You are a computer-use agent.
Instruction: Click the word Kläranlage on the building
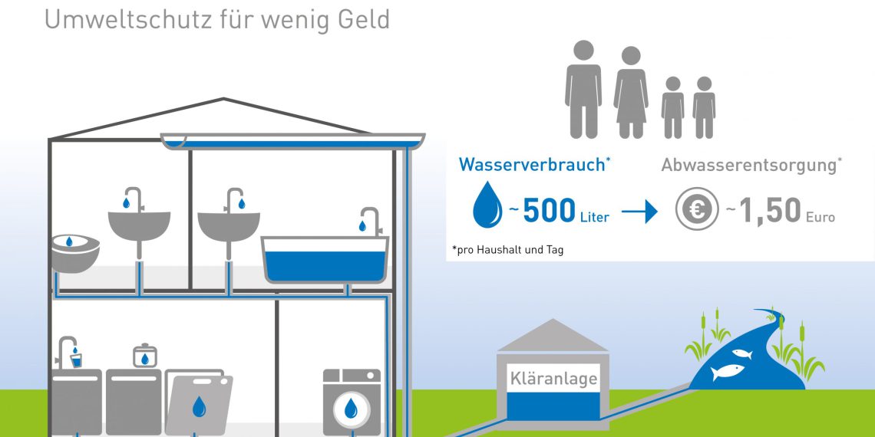click(553, 379)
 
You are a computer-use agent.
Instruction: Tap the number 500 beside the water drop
click(549, 212)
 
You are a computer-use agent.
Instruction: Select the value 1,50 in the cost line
click(771, 212)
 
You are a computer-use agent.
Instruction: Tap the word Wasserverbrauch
click(531, 164)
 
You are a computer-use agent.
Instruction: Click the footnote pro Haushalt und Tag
click(509, 250)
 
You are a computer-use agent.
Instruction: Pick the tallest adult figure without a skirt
click(583, 88)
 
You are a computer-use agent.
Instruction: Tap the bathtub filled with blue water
click(325, 261)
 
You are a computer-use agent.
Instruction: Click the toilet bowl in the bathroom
click(74, 252)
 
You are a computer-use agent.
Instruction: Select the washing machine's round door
click(351, 408)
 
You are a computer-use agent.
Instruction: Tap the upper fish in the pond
click(741, 354)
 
